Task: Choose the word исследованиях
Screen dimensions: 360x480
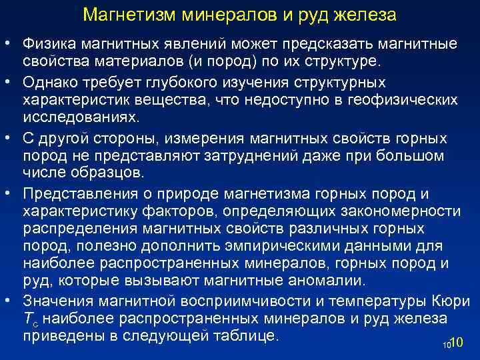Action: [x=81, y=118]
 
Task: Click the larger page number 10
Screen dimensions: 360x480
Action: [x=457, y=343]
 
